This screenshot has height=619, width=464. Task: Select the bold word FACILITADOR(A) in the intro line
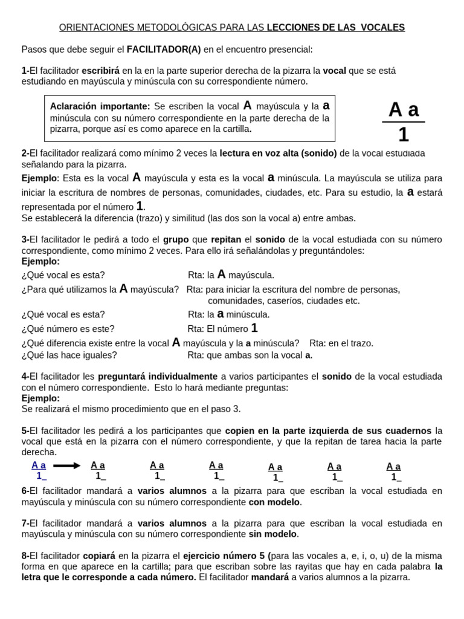tap(163, 49)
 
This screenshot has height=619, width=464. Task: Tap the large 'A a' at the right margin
tap(404, 109)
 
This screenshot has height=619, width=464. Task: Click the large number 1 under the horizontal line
tap(404, 134)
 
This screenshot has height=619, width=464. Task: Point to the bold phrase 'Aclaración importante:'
tap(100, 106)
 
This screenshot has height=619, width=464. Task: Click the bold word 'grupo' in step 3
tap(176, 239)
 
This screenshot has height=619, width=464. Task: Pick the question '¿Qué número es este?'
tap(68, 329)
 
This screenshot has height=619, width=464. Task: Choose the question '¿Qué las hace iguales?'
tap(69, 355)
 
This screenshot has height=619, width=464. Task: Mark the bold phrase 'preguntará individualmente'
tap(158, 376)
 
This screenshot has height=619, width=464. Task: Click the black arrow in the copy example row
tap(66, 465)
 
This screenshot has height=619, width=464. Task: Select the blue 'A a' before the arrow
tap(39, 465)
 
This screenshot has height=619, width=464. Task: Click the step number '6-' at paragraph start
tap(25, 491)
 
